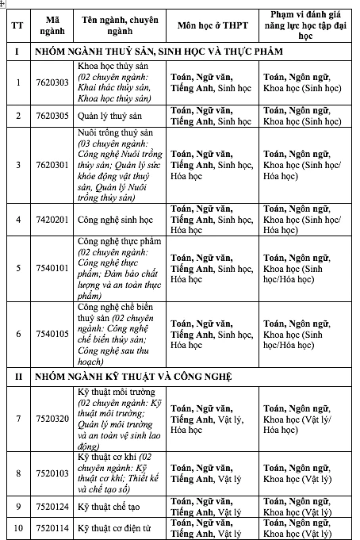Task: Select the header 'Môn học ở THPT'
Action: tap(209, 25)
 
